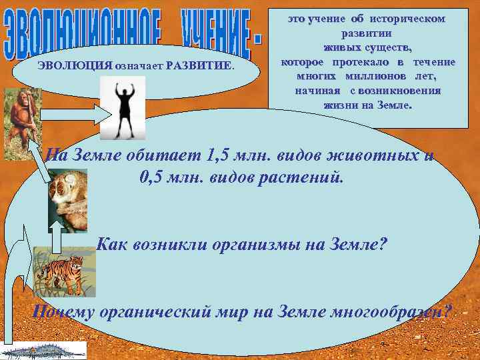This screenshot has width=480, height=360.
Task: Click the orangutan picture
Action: tap(22, 120)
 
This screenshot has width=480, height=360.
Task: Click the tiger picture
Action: tap(64, 270)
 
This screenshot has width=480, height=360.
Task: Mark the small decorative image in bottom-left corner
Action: tap(43, 351)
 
